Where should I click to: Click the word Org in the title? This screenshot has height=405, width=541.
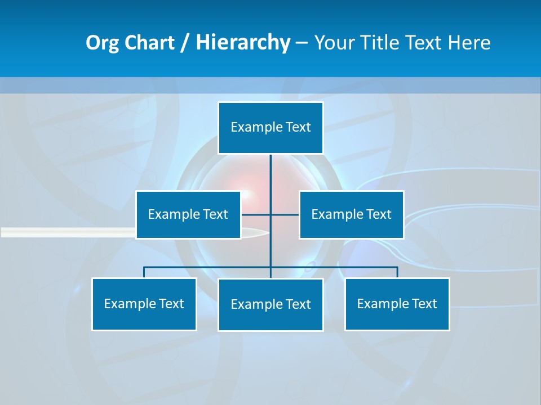click(x=102, y=43)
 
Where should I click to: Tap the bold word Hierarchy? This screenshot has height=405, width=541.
click(x=242, y=43)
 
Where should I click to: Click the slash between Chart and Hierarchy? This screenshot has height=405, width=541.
click(x=185, y=43)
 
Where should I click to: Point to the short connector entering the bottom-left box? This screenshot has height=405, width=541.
click(x=144, y=272)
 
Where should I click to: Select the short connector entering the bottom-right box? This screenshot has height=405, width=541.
click(x=397, y=272)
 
